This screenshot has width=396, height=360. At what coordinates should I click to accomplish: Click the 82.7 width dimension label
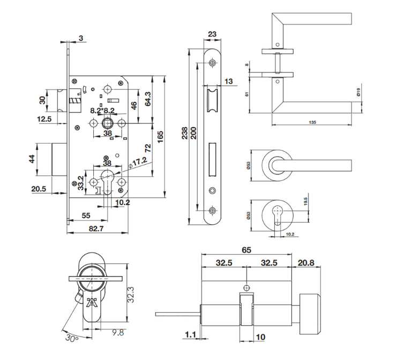point(96,229)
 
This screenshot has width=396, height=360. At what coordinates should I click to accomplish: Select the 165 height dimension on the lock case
point(160,136)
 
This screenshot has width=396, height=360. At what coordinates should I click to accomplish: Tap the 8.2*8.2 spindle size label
point(102,111)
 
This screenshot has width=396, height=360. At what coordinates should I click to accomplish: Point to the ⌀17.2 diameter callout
point(137,163)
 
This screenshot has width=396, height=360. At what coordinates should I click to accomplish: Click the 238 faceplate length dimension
point(185,133)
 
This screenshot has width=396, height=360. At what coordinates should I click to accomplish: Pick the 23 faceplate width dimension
point(212,34)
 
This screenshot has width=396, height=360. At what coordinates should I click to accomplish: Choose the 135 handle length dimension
point(312,122)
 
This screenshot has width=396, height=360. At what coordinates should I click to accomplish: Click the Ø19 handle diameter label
point(358,92)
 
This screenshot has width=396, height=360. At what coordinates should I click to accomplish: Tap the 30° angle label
point(72,337)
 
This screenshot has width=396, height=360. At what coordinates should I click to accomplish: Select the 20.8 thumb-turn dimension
point(306,263)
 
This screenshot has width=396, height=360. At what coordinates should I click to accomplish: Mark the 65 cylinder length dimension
point(246,250)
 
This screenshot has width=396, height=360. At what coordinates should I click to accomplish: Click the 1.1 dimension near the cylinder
point(191,335)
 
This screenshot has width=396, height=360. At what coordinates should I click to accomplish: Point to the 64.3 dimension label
point(148,99)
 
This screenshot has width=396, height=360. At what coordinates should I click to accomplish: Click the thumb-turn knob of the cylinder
point(310,314)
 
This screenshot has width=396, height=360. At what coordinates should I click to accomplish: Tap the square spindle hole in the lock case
point(108,123)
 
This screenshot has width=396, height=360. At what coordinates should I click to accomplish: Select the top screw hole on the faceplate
point(213,63)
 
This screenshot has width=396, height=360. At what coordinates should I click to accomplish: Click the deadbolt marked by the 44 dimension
point(59,159)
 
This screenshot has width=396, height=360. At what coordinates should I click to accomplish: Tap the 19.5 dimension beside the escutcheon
point(305,201)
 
